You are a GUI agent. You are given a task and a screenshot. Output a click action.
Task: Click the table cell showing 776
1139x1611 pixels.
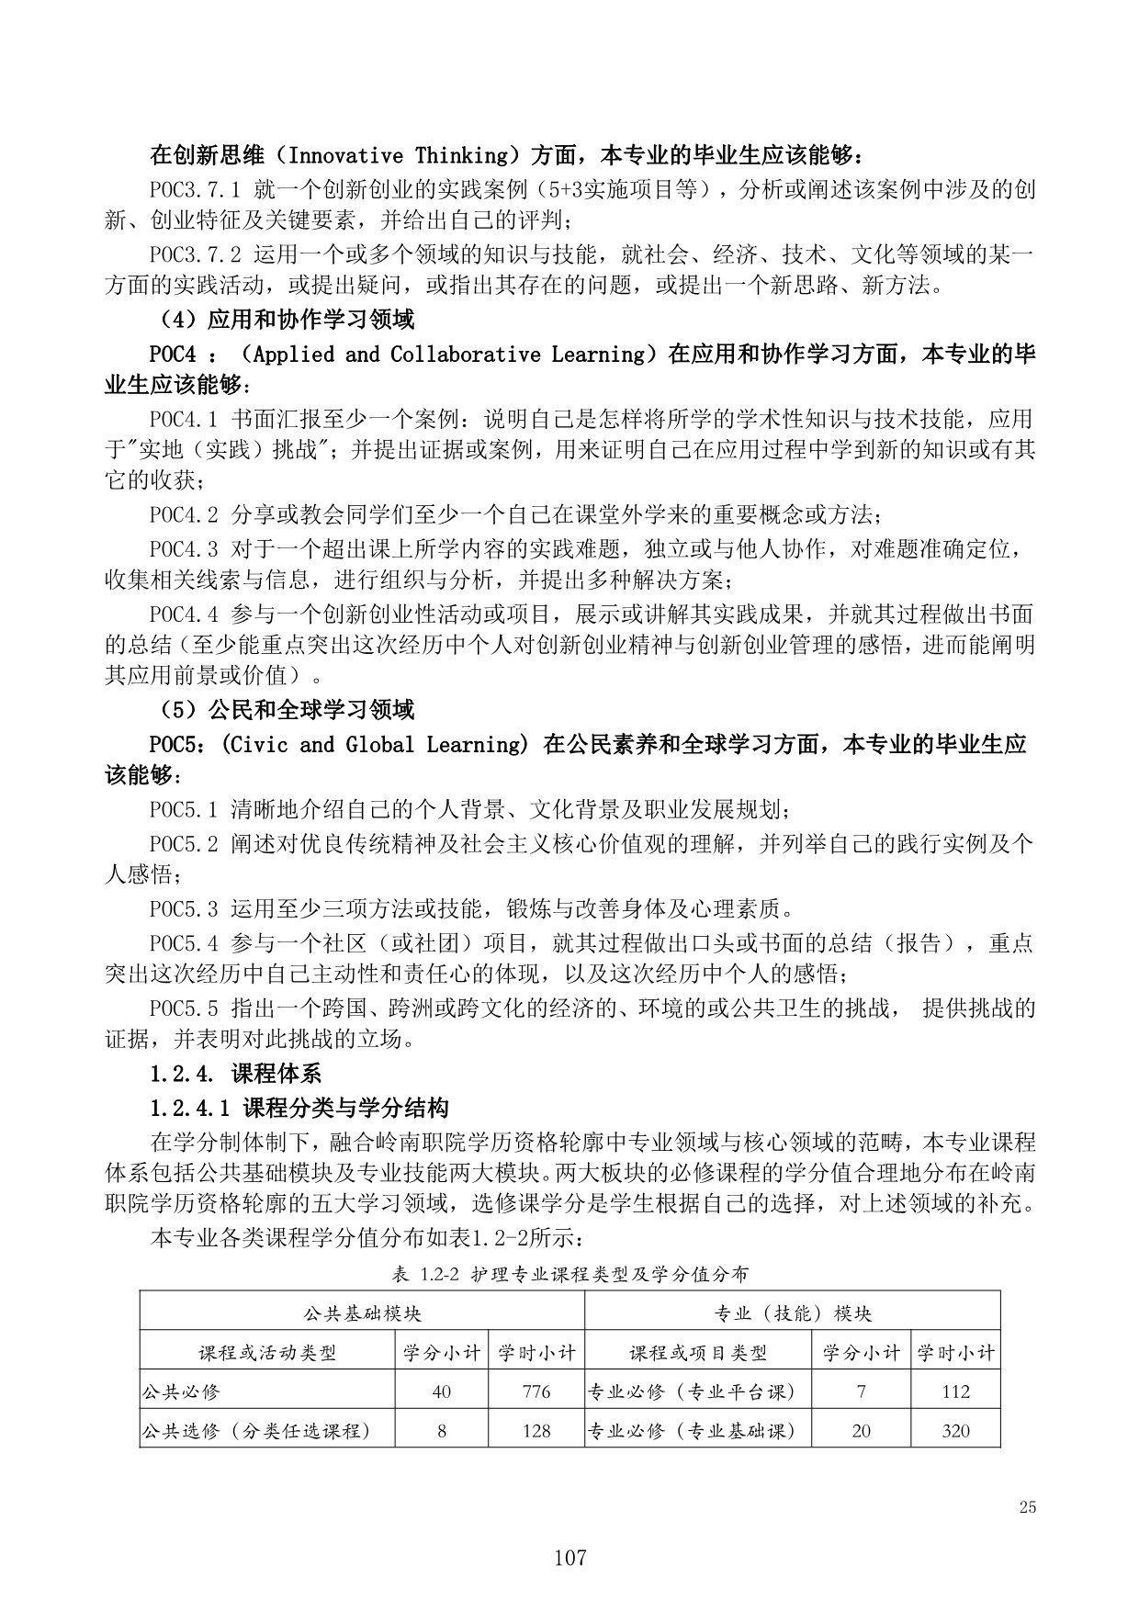pyautogui.click(x=536, y=1391)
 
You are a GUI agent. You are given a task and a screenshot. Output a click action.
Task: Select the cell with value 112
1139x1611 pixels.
pyautogui.click(x=955, y=1391)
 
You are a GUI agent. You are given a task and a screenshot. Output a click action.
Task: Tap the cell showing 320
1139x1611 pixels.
pyautogui.click(x=955, y=1431)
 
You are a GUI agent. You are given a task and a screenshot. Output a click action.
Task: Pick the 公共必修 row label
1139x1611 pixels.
pyautogui.click(x=180, y=1391)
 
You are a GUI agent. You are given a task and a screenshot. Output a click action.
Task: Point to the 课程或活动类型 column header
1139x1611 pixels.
pyautogui.click(x=267, y=1353)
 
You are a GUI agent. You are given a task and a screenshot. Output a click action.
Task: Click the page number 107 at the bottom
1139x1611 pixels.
pyautogui.click(x=569, y=1558)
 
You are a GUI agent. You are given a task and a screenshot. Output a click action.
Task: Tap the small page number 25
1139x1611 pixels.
pyautogui.click(x=1028, y=1507)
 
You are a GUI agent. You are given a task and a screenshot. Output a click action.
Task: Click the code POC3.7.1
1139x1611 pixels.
pyautogui.click(x=195, y=190)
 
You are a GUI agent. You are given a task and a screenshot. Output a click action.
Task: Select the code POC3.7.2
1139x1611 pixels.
pyautogui.click(x=195, y=253)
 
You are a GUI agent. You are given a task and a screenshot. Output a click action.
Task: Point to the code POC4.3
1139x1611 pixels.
pyautogui.click(x=184, y=550)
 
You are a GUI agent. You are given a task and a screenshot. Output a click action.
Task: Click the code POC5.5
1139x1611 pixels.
pyautogui.click(x=184, y=1008)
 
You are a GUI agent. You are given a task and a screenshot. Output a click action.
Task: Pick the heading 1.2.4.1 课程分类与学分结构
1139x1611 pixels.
pyautogui.click(x=299, y=1109)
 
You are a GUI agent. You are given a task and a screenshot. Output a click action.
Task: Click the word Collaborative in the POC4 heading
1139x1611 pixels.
pyautogui.click(x=466, y=355)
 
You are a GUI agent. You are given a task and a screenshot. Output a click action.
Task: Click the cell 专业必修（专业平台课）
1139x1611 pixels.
pyautogui.click(x=691, y=1391)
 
